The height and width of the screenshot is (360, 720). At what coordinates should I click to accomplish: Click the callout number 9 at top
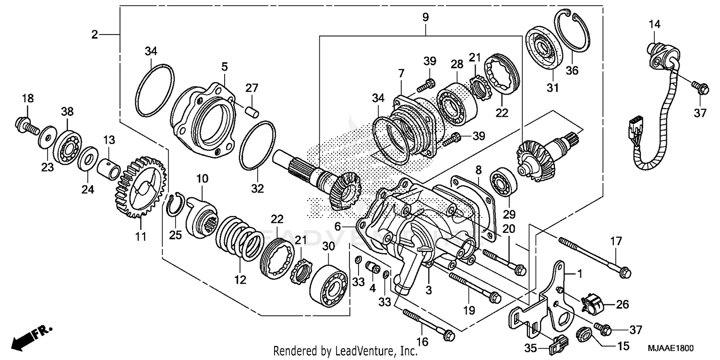[x=425, y=17]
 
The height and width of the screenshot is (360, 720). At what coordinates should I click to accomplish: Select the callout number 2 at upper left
[x=95, y=34]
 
